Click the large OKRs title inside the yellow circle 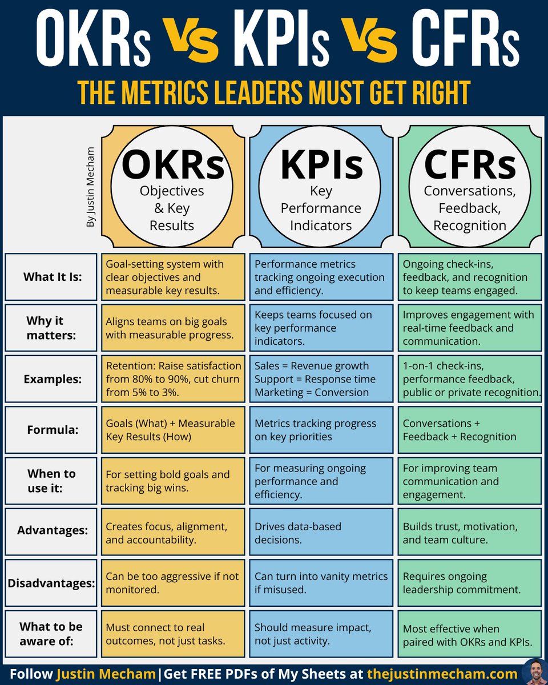(173, 164)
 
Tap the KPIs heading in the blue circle (321, 164)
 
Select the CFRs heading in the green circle (469, 164)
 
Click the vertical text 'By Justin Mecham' (90, 188)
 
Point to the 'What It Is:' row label (53, 277)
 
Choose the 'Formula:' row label (53, 430)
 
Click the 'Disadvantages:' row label (51, 583)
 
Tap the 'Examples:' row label (53, 378)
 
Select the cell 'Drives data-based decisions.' (321, 532)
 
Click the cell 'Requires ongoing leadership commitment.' (469, 583)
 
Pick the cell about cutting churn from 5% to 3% (173, 378)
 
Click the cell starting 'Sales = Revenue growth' (321, 378)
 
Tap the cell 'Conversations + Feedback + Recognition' (469, 430)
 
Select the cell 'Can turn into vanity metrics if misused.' (321, 583)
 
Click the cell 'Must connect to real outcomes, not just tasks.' (173, 634)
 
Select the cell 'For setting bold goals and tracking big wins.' (173, 481)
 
